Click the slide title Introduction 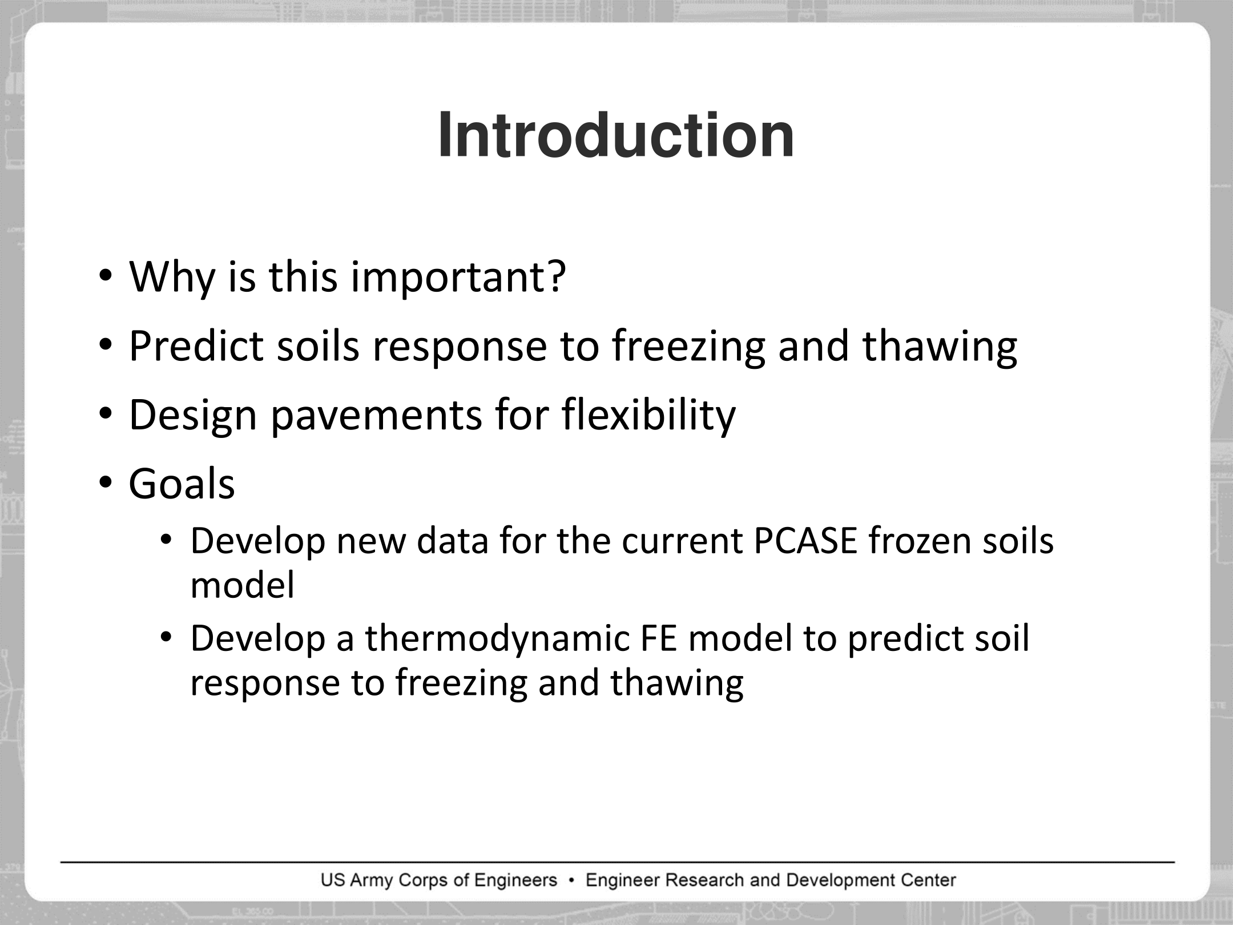click(x=616, y=135)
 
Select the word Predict click(x=196, y=345)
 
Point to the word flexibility click(x=648, y=415)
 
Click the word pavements click(x=376, y=415)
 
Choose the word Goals click(x=182, y=484)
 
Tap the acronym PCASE click(x=805, y=540)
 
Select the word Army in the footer click(x=371, y=880)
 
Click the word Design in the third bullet click(x=193, y=415)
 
